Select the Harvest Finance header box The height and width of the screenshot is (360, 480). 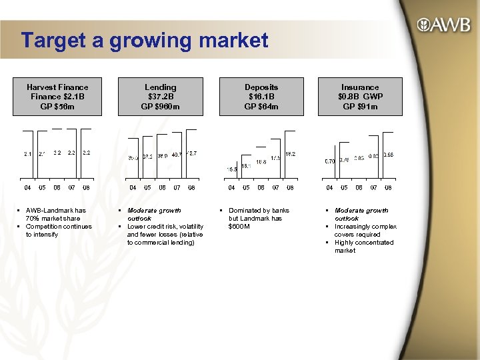57,97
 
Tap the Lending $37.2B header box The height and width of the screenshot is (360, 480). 161,97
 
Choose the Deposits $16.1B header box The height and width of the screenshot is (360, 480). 261,97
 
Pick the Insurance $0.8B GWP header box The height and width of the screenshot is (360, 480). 360,97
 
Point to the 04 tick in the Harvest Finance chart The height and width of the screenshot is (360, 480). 28,188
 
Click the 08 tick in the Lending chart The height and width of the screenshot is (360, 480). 191,188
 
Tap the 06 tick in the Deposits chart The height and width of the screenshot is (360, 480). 261,188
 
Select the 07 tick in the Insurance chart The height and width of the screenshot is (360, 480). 373,188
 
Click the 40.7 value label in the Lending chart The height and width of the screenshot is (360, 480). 177,155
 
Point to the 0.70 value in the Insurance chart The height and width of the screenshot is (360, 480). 329,161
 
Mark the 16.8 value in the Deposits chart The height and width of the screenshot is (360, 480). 261,162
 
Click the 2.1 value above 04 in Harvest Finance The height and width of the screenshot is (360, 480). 27,154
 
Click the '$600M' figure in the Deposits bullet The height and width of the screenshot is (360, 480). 239,227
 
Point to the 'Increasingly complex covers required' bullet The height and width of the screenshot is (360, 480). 365,231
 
